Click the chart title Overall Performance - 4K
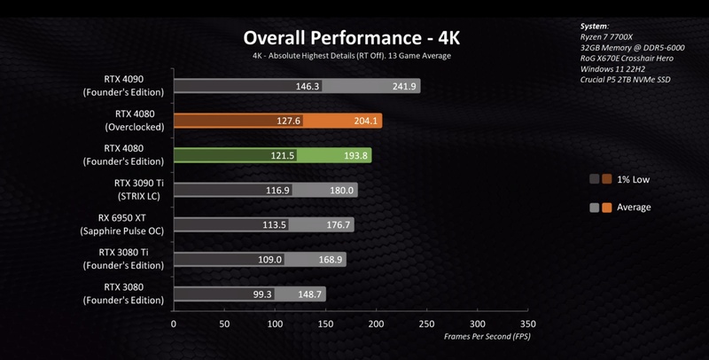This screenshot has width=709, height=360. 352,38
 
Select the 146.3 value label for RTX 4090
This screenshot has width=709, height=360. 308,87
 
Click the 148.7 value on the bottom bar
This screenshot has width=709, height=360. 311,293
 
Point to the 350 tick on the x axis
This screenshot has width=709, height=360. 528,324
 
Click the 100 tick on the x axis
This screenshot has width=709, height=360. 275,324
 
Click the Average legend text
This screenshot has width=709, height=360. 634,207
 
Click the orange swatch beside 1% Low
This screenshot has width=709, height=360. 607,179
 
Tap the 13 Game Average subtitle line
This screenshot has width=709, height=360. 352,56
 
